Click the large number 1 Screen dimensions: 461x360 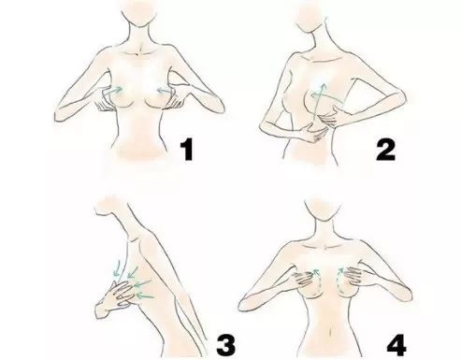pyautogui.click(x=187, y=150)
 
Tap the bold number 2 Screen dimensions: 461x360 pyautogui.click(x=385, y=150)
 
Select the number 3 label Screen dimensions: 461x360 pyautogui.click(x=226, y=345)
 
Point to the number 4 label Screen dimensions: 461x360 pyautogui.click(x=396, y=345)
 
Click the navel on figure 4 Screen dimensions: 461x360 pyautogui.click(x=331, y=333)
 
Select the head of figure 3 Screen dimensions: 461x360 pyautogui.click(x=109, y=206)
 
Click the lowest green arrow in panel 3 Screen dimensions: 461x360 pyautogui.click(x=145, y=295)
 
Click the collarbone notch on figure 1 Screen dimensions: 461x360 pyautogui.click(x=138, y=55)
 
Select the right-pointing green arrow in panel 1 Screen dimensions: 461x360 pyautogui.click(x=112, y=92)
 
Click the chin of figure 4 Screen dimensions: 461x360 pyautogui.click(x=324, y=219)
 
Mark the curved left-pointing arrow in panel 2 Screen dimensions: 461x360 pyautogui.click(x=327, y=95)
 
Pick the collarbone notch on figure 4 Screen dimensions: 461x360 pyautogui.click(x=325, y=247)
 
